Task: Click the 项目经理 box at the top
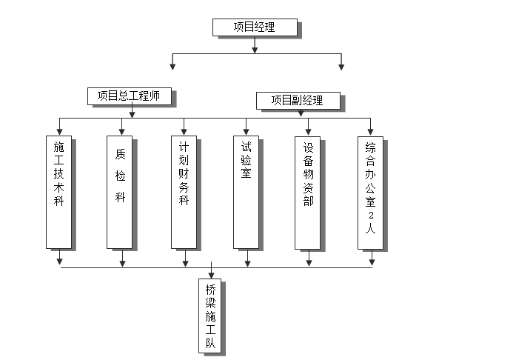(x=255, y=27)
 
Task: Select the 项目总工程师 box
(x=129, y=96)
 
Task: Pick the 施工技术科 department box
(x=58, y=192)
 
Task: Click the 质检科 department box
(x=121, y=192)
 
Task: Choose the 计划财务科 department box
(x=184, y=192)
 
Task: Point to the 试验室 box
(x=246, y=192)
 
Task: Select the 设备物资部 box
(x=308, y=192)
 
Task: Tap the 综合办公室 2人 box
(x=370, y=192)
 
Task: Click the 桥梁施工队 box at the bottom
(x=211, y=316)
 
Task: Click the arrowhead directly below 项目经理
(x=255, y=50)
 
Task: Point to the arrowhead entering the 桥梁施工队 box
(x=211, y=275)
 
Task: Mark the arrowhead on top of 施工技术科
(x=59, y=132)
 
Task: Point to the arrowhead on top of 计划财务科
(x=184, y=132)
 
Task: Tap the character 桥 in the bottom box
(x=211, y=291)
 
